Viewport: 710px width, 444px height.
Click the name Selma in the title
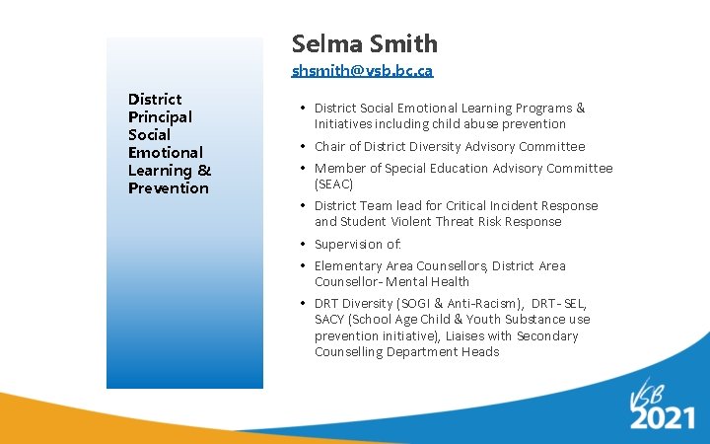(326, 43)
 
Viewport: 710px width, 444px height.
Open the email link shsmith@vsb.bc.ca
(362, 71)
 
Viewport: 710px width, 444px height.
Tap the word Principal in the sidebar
(160, 116)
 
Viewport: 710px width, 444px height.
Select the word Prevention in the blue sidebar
(169, 187)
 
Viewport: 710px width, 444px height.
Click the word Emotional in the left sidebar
(166, 152)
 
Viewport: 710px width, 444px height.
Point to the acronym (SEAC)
(333, 184)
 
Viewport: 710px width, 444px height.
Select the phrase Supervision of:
(358, 244)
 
